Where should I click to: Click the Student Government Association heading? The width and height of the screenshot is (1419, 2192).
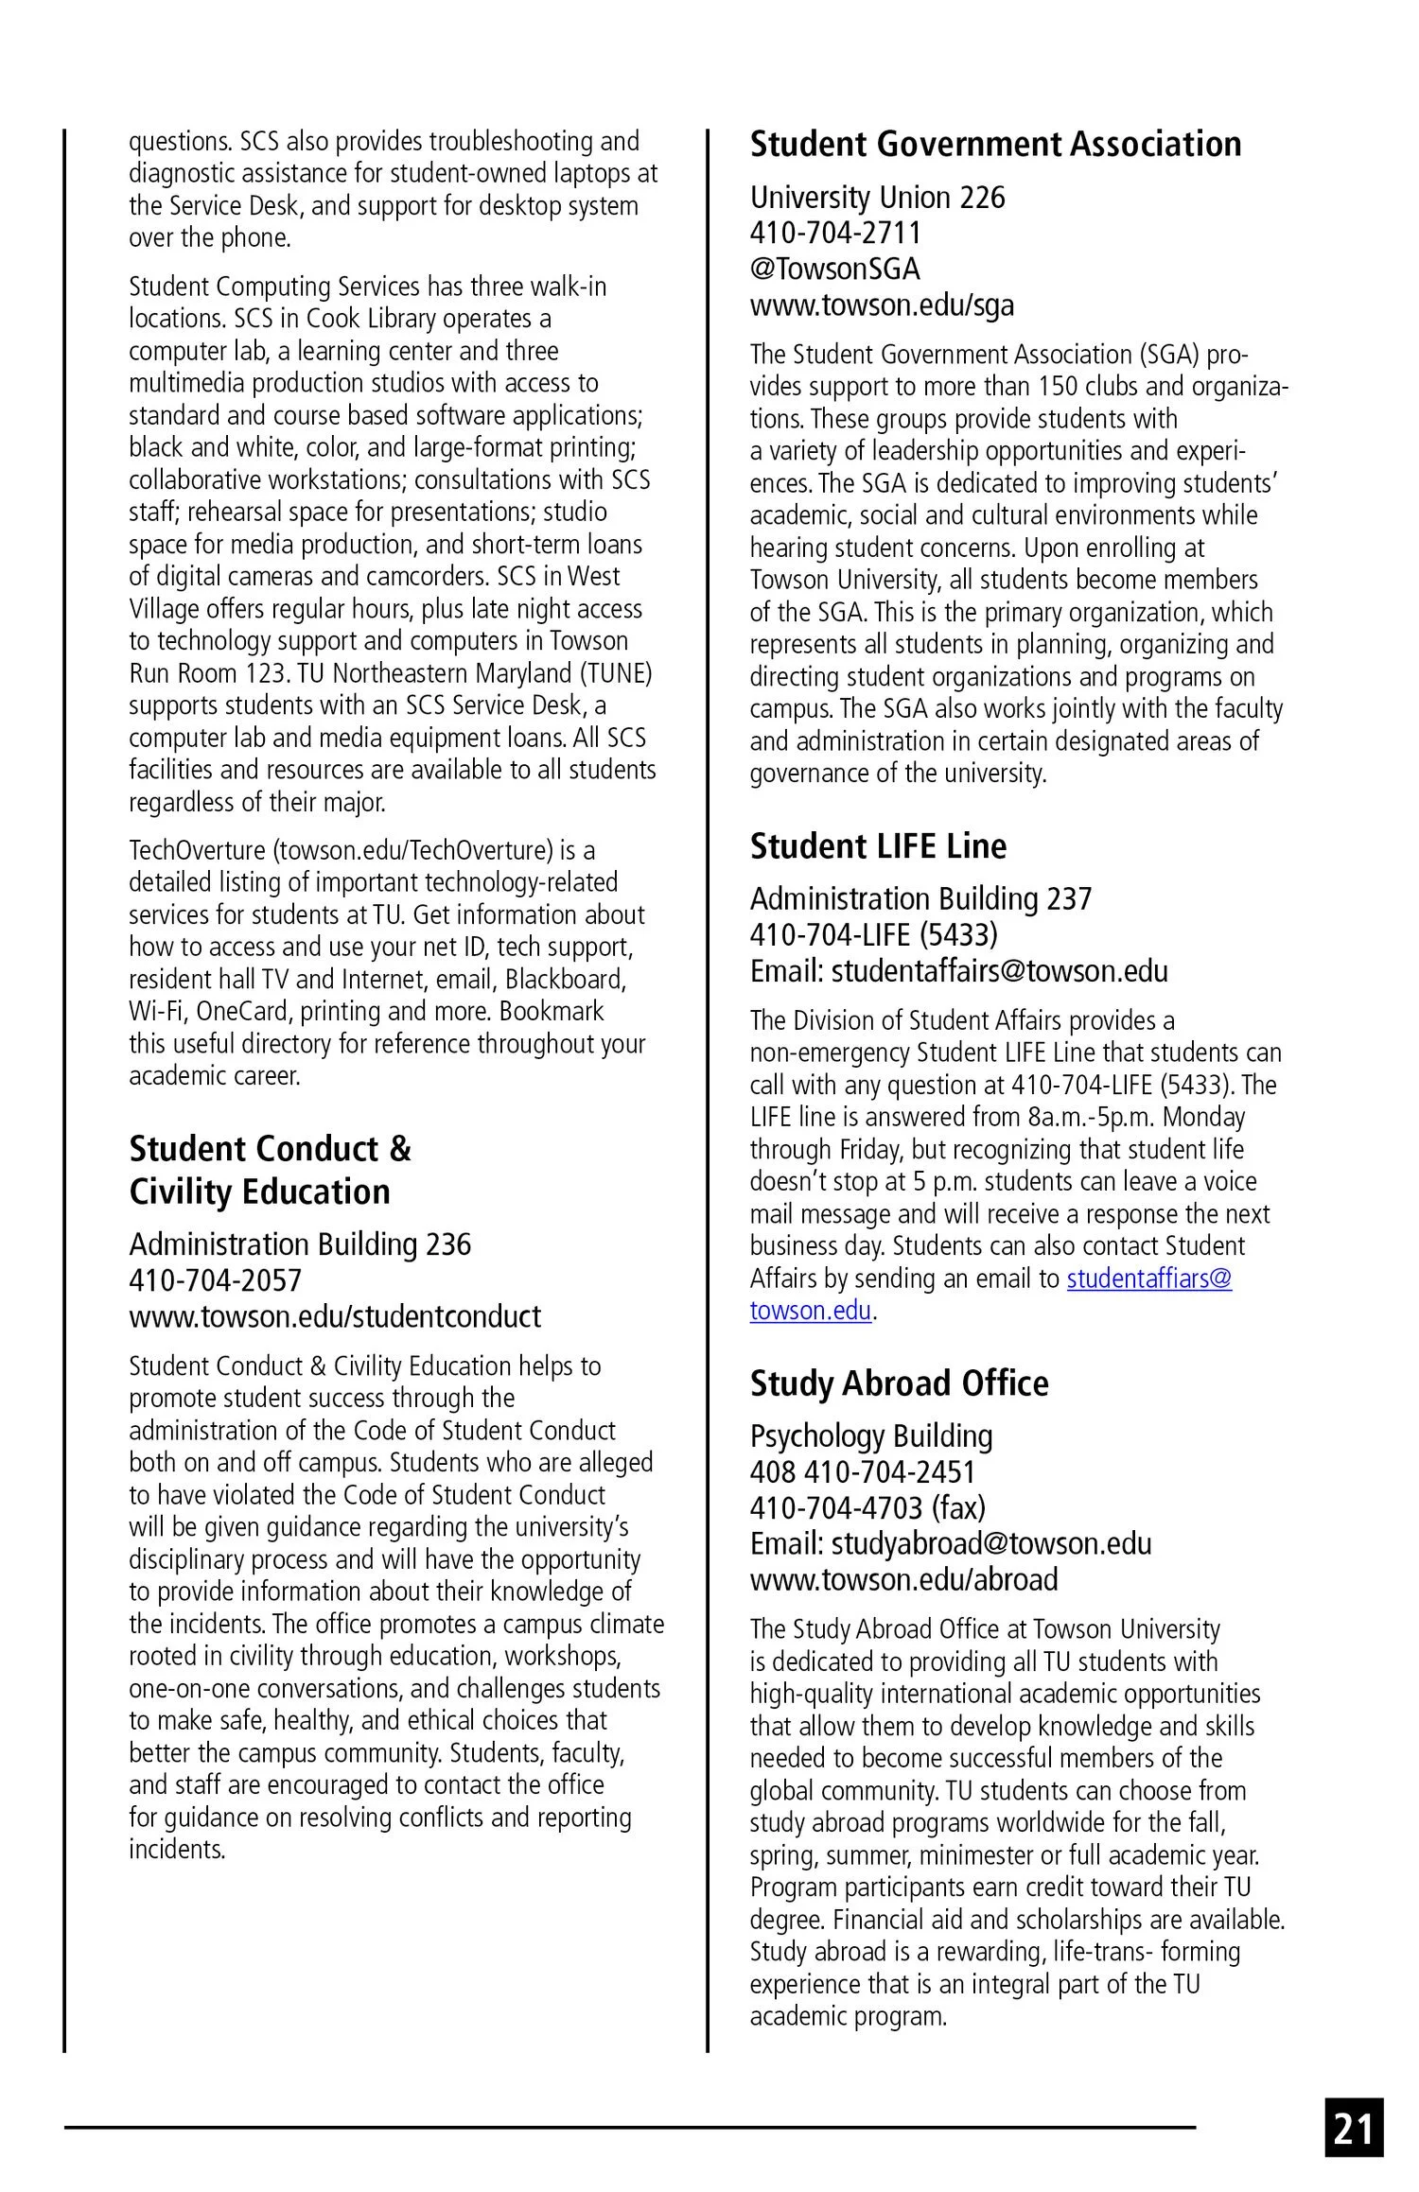pos(995,144)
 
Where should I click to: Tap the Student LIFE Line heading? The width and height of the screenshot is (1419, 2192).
pos(878,845)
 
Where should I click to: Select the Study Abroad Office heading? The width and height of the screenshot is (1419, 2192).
pos(899,1383)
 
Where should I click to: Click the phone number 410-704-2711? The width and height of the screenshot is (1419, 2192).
pos(835,233)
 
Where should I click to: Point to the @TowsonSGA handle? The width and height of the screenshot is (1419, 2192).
pos(834,269)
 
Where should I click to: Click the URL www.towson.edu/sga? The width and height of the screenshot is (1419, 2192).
pos(882,304)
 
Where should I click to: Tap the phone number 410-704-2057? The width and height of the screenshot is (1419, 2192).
pos(215,1280)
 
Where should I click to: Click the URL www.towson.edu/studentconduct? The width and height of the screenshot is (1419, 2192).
pos(335,1316)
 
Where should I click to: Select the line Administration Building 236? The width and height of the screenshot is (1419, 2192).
pos(300,1244)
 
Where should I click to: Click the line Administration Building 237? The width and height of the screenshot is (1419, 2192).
pos(920,898)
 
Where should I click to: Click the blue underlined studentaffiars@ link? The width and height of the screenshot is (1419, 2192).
pos(1149,1279)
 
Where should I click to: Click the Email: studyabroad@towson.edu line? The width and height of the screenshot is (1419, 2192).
pos(951,1543)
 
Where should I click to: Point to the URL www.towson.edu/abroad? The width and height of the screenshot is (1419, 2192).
pos(903,1579)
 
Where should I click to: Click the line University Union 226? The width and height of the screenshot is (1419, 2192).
pos(877,198)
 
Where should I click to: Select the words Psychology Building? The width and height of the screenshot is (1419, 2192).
pos(871,1435)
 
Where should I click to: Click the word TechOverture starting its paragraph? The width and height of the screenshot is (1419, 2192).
pos(198,850)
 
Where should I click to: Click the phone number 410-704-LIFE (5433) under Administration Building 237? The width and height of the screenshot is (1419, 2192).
pos(873,934)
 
